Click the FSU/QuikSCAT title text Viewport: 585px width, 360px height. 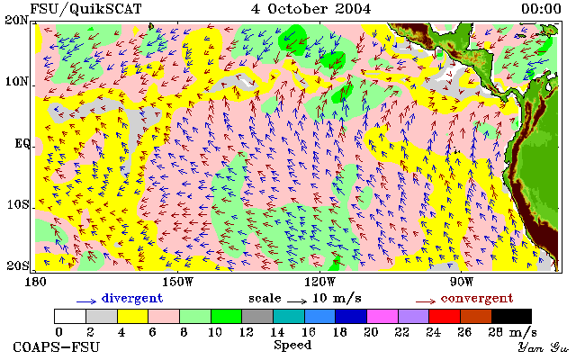point(85,9)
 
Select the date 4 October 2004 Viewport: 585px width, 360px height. point(310,9)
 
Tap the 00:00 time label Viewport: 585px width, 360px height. point(541,9)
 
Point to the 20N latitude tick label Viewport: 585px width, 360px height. point(17,20)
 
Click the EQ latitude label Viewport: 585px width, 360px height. point(22,143)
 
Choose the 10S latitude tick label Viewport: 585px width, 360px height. point(18,204)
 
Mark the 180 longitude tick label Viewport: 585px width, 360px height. point(35,282)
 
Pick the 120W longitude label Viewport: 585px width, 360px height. point(319,282)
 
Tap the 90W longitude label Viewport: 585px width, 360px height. point(461,282)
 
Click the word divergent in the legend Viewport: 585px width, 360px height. point(132,298)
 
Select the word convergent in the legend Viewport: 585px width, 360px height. point(477,298)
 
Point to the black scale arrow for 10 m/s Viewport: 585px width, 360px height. point(297,301)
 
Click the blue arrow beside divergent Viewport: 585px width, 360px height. point(86,301)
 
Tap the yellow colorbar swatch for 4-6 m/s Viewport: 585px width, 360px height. point(133,316)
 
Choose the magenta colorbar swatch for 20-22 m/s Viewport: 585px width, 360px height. point(382,316)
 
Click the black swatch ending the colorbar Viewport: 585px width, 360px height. point(511,316)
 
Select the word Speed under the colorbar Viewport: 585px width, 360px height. point(292,346)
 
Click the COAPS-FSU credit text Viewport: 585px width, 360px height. point(57,346)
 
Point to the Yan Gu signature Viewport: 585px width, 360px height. point(543,347)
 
